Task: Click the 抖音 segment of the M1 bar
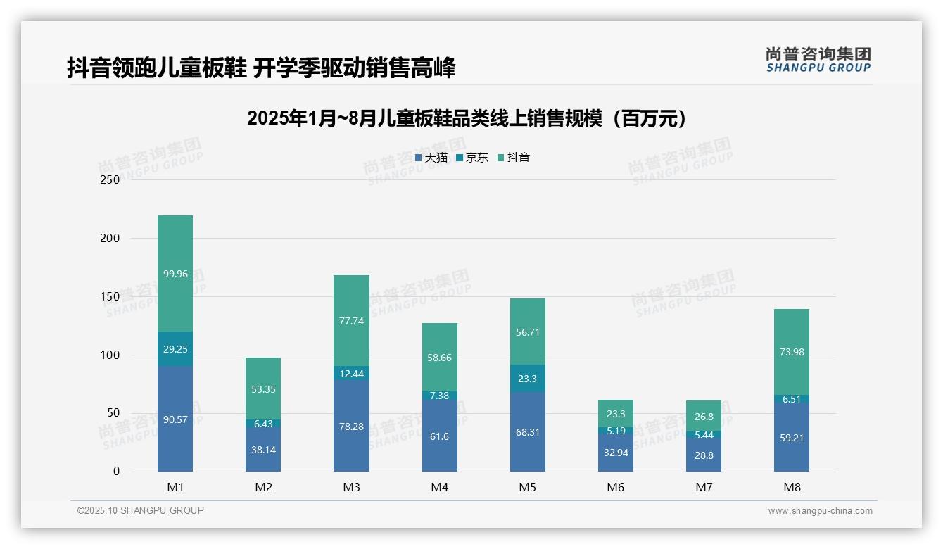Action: click(175, 273)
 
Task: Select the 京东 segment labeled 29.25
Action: click(175, 348)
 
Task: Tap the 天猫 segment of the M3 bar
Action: click(351, 427)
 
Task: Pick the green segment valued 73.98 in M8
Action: click(791, 352)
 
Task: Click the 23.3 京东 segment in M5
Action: click(527, 378)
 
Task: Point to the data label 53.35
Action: click(263, 389)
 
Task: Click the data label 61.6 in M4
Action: click(439, 437)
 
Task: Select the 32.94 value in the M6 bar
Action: click(615, 453)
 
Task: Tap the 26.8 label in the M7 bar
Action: click(703, 417)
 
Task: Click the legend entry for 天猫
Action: click(431, 158)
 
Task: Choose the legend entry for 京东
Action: click(472, 158)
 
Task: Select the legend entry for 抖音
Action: click(514, 158)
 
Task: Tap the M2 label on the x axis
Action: click(263, 487)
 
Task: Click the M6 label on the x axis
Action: click(615, 487)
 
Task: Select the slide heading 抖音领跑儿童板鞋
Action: click(261, 68)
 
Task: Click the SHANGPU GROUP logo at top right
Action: click(818, 60)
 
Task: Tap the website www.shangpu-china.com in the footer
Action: click(820, 511)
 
